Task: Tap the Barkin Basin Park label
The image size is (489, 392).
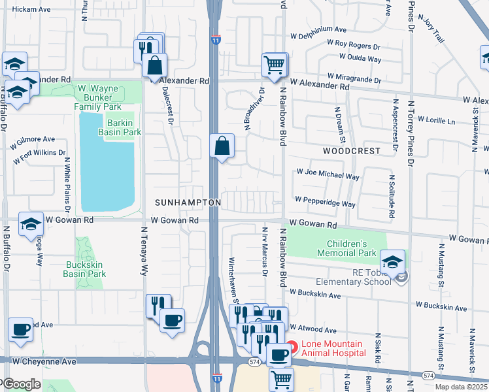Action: (x=120, y=127)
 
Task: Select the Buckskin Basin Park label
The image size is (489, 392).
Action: (x=86, y=270)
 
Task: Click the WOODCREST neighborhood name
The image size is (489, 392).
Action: (x=351, y=150)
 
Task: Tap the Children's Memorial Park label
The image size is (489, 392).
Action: (x=346, y=248)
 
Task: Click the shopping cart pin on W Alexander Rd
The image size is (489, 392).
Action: (x=274, y=65)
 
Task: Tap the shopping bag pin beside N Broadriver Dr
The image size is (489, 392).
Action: (x=222, y=146)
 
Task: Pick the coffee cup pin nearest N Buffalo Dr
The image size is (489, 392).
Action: (x=20, y=330)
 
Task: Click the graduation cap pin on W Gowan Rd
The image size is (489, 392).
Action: (x=31, y=225)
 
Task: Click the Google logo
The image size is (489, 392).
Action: (x=21, y=384)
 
